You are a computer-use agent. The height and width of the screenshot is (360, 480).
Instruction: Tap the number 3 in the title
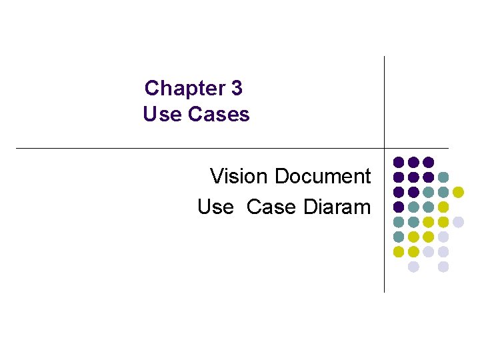236,88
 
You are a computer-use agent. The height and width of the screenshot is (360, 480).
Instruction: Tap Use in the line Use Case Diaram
215,207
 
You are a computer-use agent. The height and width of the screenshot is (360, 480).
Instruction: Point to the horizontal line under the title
200,148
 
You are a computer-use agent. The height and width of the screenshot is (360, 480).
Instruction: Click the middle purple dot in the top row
413,162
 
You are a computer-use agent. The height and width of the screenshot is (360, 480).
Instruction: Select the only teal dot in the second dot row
443,177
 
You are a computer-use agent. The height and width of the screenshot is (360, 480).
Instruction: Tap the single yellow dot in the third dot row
458,192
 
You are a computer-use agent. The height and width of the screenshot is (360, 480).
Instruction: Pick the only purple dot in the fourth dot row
399,207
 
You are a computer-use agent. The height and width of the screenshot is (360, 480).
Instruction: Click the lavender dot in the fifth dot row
458,222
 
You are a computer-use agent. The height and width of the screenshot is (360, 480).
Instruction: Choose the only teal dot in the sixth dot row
399,237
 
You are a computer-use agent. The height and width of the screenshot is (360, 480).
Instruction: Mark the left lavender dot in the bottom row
413,267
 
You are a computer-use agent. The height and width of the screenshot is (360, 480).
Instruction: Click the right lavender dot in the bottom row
443,267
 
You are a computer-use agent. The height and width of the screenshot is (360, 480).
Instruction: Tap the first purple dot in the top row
399,162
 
